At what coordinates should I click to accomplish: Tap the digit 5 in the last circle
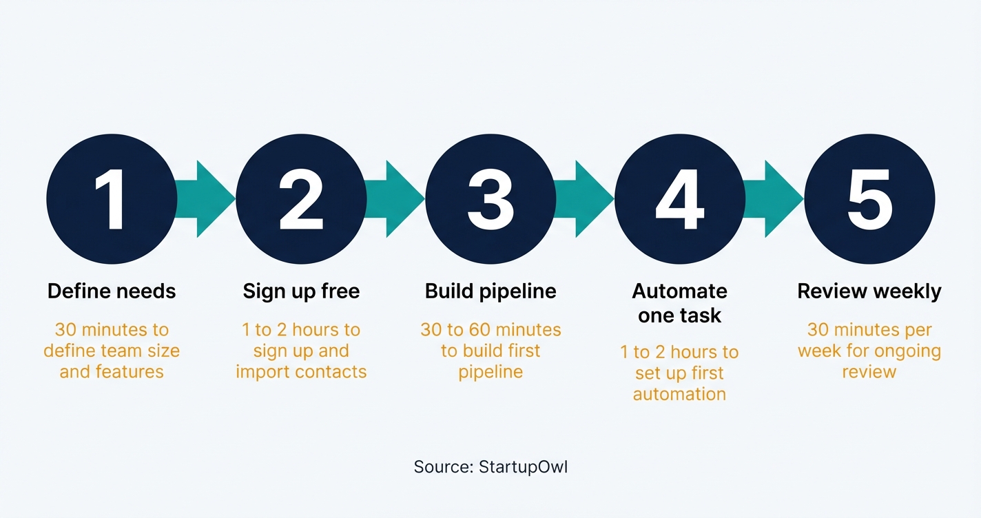click(x=869, y=199)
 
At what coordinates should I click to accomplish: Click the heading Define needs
click(x=112, y=291)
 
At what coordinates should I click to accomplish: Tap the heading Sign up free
click(x=301, y=291)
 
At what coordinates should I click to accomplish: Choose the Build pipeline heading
click(x=490, y=291)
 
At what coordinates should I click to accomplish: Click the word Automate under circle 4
click(x=680, y=291)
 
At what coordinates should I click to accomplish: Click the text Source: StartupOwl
click(x=490, y=467)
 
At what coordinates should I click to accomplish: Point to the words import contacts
click(x=301, y=372)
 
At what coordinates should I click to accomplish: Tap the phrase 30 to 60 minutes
click(x=490, y=330)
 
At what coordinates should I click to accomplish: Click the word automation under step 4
click(x=679, y=395)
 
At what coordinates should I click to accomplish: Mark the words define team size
click(x=112, y=351)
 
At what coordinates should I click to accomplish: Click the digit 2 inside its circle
click(x=301, y=199)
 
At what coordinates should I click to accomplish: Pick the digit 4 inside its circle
click(x=680, y=199)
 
